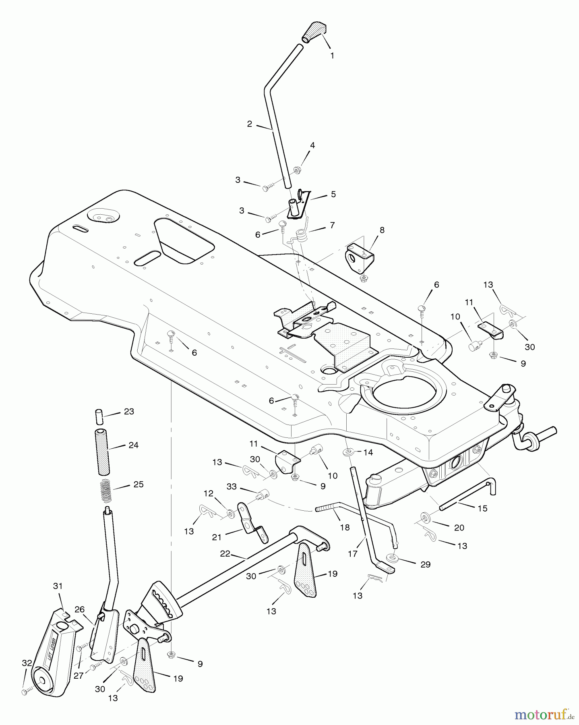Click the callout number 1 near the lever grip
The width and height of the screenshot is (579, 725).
[x=332, y=56]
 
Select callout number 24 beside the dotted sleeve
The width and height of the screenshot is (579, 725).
[x=133, y=445]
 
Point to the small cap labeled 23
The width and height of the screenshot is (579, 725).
[x=99, y=416]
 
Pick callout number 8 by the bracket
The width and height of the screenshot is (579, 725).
[x=382, y=230]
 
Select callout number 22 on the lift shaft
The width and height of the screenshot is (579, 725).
[x=225, y=554]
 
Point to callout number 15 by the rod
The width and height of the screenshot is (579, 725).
[x=482, y=508]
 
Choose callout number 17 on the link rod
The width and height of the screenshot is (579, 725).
[x=352, y=554]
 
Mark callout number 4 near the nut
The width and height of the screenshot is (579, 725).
[x=312, y=145]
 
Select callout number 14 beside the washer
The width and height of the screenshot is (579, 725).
[x=368, y=452]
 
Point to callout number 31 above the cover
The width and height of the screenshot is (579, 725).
[x=58, y=586]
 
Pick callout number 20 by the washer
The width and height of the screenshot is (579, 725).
[x=459, y=528]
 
